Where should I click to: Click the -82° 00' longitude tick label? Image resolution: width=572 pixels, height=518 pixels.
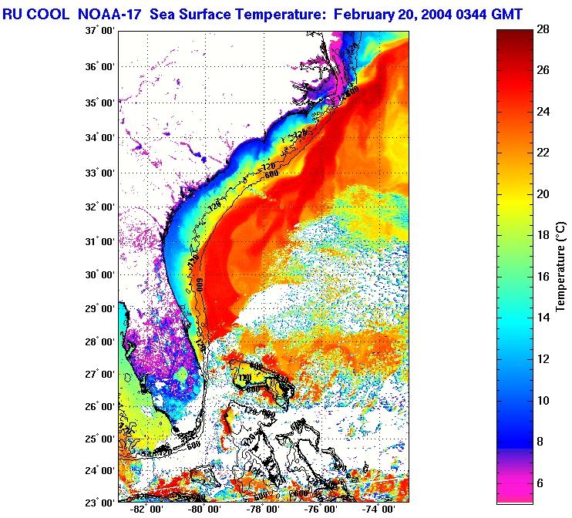[146, 510]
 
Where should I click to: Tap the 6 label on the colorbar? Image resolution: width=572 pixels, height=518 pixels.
[542, 483]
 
